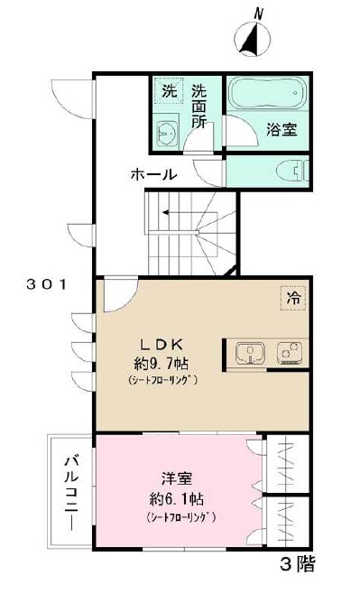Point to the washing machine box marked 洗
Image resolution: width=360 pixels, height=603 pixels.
pos(169,91)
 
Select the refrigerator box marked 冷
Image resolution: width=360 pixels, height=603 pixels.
pos(293,296)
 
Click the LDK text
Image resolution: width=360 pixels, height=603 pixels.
pos(162,344)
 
